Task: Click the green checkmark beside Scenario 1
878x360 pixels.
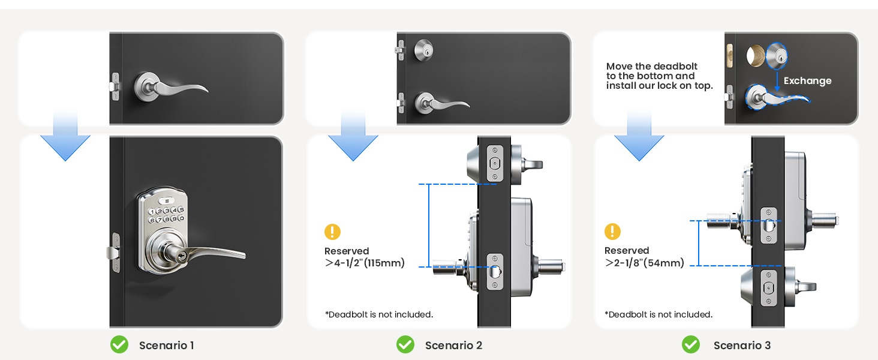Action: click(x=119, y=344)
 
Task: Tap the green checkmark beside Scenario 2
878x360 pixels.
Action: click(x=405, y=344)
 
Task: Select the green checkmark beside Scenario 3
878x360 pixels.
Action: click(x=691, y=344)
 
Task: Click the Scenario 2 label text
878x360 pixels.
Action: click(x=453, y=345)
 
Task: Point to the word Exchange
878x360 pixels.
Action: click(x=807, y=81)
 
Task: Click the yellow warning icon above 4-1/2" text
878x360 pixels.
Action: click(x=332, y=232)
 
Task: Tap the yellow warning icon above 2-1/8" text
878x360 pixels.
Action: click(x=612, y=231)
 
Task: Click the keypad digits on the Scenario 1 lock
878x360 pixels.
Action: click(x=166, y=215)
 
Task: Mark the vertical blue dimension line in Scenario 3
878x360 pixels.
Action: click(x=699, y=243)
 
